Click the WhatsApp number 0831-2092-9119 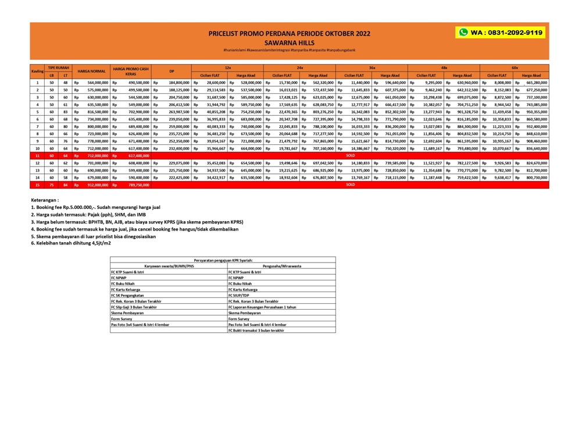506,33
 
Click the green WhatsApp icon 463,33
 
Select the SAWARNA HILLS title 288,42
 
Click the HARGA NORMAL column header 91,72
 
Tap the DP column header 172,72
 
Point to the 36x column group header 372,68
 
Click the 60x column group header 515,68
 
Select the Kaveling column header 37,72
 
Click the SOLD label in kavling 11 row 350,155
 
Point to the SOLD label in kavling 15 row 350,185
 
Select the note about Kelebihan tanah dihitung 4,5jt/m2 71,243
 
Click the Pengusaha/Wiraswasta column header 281,266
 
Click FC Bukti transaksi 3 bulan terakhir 256,330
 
